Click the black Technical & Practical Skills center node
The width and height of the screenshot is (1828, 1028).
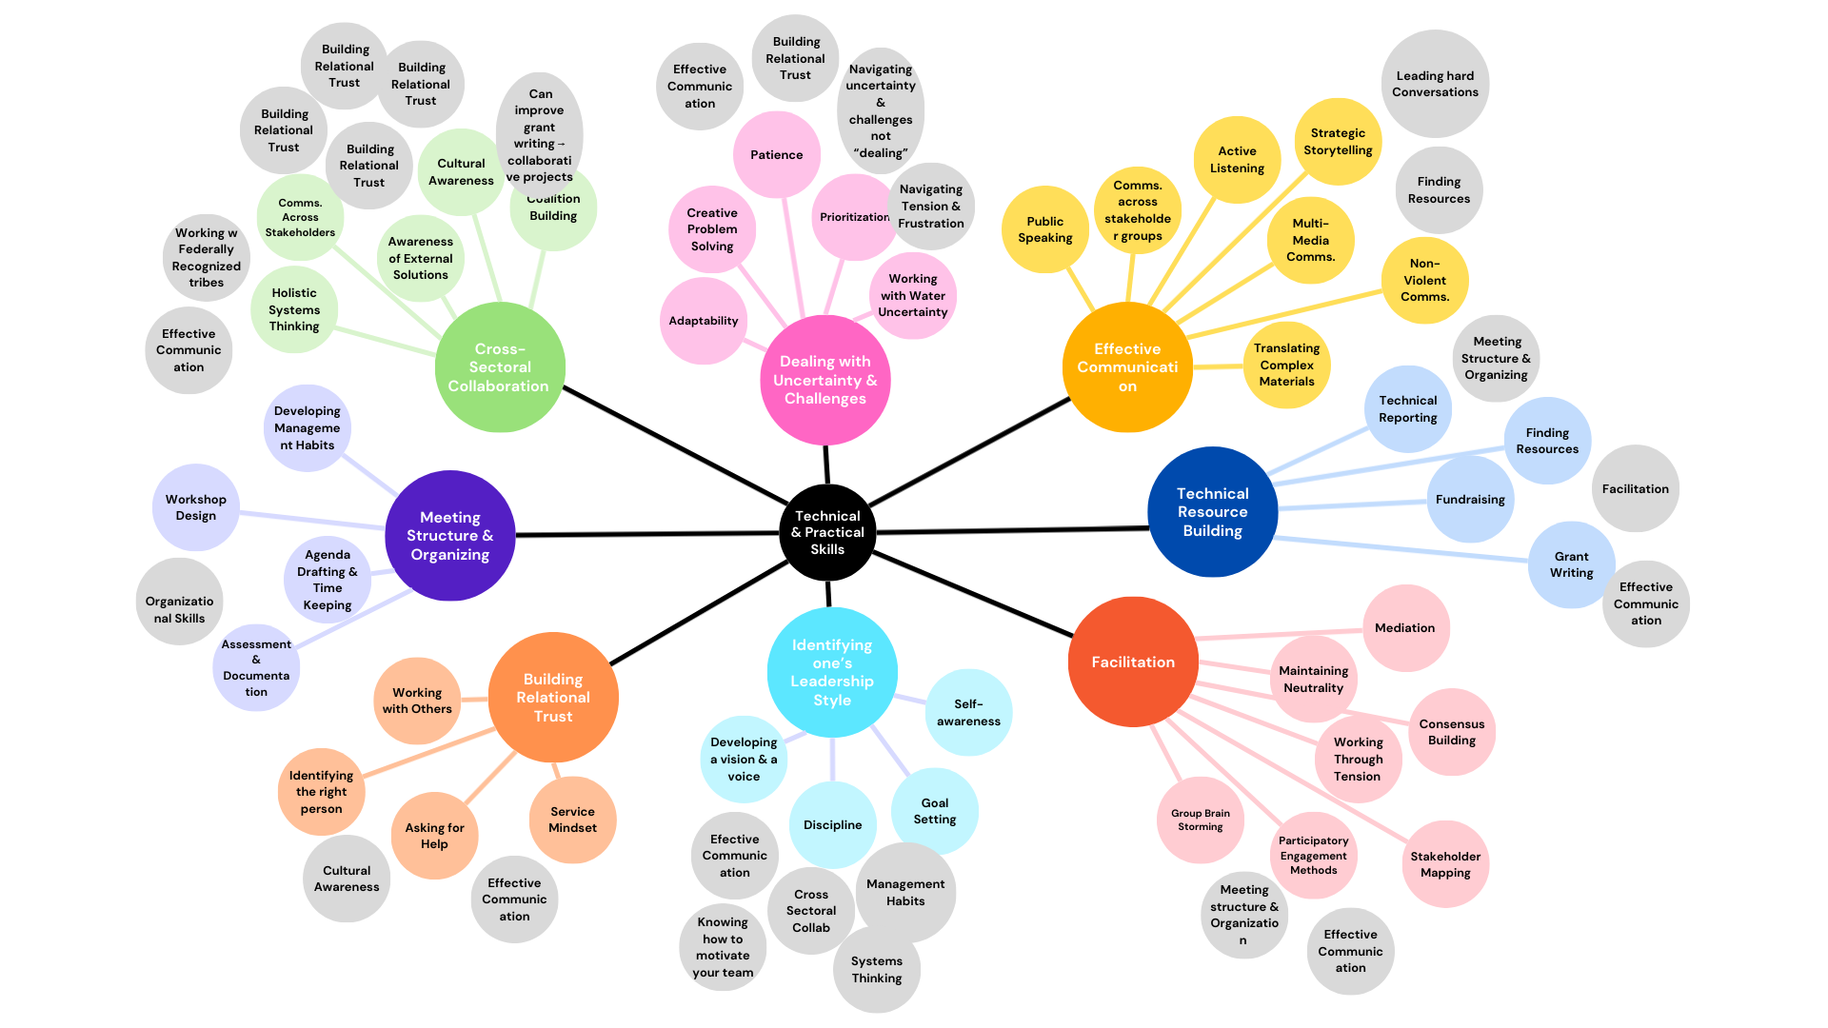pos(827,533)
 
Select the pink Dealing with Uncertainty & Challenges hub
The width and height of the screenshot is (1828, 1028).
pos(825,380)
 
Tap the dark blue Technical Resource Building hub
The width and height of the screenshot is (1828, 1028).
pos(1212,512)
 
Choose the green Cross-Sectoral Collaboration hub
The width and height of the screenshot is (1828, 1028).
pos(499,367)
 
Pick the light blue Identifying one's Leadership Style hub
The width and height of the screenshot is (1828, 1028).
pos(832,672)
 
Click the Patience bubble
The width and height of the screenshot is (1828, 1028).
pos(776,155)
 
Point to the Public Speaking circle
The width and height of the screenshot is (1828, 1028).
pos(1044,229)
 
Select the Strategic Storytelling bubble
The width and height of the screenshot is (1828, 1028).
pos(1338,142)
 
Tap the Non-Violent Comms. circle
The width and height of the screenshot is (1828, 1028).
pos(1424,280)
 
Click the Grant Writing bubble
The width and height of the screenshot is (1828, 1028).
pos(1571,564)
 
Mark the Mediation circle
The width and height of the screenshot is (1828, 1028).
pos(1404,628)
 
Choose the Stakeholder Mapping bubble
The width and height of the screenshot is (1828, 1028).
pos(1444,864)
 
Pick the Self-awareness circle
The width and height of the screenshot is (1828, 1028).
pos(968,713)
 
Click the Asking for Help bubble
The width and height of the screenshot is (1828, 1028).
pos(434,836)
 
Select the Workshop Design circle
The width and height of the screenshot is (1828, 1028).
pos(196,507)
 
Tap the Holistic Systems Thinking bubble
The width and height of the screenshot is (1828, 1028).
pos(294,310)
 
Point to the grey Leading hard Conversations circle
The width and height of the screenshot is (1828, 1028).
pos(1435,84)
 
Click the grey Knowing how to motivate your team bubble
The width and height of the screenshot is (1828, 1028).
pos(723,947)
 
